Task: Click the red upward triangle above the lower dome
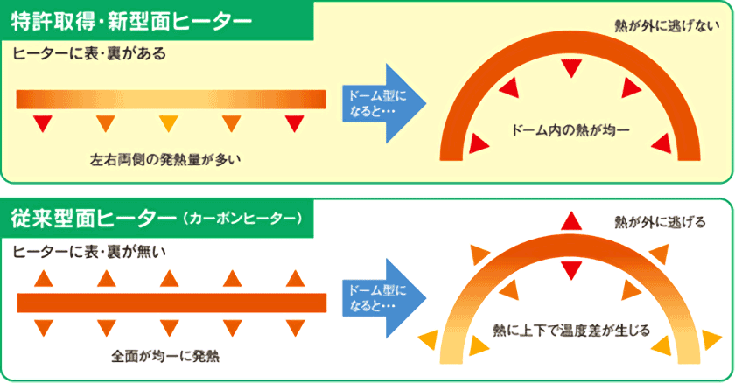pos(570,219)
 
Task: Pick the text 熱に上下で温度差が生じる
pos(570,331)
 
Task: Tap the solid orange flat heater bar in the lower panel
pos(171,303)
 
